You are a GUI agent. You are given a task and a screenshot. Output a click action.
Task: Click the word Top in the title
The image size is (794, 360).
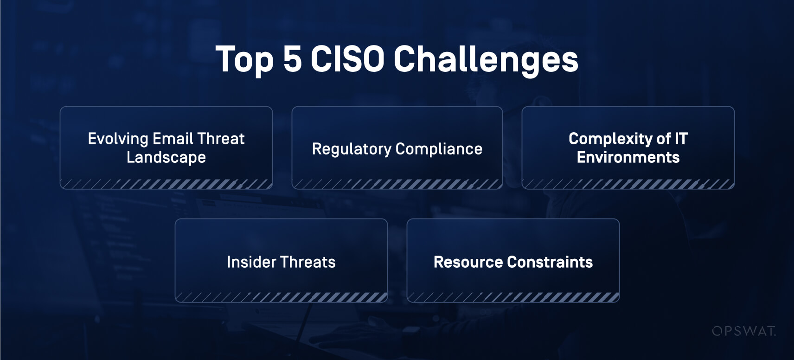click(245, 59)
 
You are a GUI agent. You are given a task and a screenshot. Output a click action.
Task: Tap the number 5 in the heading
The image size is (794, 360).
click(293, 59)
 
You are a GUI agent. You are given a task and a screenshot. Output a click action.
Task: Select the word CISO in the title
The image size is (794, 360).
click(347, 59)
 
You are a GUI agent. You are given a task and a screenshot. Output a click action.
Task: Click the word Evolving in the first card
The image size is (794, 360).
click(118, 139)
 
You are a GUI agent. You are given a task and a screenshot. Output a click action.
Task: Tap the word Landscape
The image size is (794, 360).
click(166, 157)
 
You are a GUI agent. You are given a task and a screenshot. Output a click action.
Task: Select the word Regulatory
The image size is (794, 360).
click(352, 149)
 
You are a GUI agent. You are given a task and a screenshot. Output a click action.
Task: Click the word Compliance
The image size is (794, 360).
click(439, 149)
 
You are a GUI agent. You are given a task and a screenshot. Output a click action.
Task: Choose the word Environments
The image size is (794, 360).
click(628, 157)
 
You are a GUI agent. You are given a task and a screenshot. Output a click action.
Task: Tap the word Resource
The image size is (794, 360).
click(468, 262)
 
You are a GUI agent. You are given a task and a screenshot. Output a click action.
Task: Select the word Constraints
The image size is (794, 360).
click(550, 262)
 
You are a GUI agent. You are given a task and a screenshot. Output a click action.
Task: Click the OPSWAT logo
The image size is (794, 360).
click(744, 331)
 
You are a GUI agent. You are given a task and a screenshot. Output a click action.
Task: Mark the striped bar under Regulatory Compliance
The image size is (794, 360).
click(397, 184)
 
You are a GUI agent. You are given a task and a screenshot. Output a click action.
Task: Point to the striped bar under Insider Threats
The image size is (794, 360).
click(281, 297)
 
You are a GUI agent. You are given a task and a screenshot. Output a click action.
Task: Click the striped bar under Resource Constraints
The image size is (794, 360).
click(513, 297)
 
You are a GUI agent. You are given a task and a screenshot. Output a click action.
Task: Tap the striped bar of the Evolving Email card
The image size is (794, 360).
click(166, 184)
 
